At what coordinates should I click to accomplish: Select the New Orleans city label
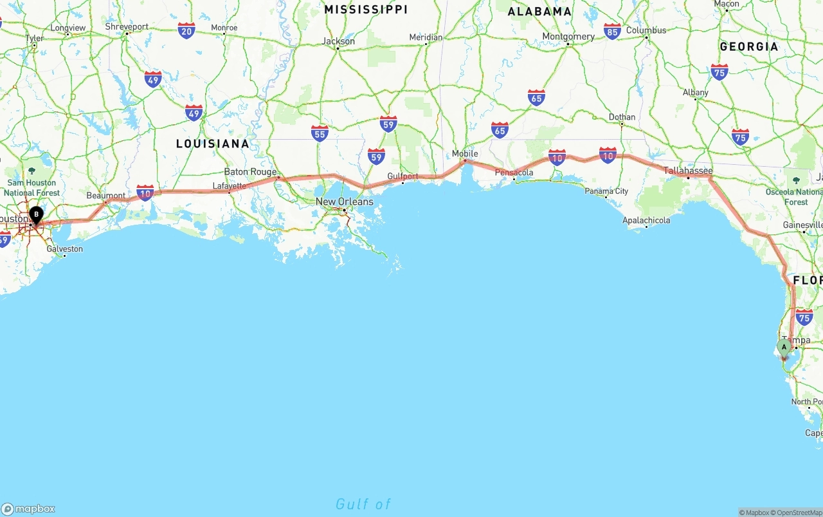pos(344,202)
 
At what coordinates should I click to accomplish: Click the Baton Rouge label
pos(250,172)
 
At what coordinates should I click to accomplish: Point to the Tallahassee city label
pos(688,171)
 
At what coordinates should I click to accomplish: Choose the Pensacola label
pos(514,173)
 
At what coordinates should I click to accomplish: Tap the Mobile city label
pos(465,154)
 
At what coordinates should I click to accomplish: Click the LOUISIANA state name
pos(213,144)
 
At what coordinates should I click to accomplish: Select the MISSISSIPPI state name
pos(366,10)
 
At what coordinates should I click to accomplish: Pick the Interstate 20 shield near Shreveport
pos(186,30)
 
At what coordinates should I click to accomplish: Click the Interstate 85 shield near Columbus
pos(612,31)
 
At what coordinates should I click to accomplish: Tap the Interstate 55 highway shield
pos(320,133)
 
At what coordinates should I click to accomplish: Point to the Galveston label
pos(65,249)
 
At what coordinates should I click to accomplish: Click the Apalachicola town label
pos(646,220)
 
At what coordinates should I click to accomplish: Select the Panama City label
pos(606,191)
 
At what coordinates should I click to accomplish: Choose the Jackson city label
pos(338,41)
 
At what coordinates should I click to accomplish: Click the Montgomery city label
pos(568,37)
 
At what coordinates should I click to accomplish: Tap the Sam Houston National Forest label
pos(32,187)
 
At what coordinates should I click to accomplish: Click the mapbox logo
pos(28,509)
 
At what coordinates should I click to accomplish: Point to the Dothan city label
pos(622,117)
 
